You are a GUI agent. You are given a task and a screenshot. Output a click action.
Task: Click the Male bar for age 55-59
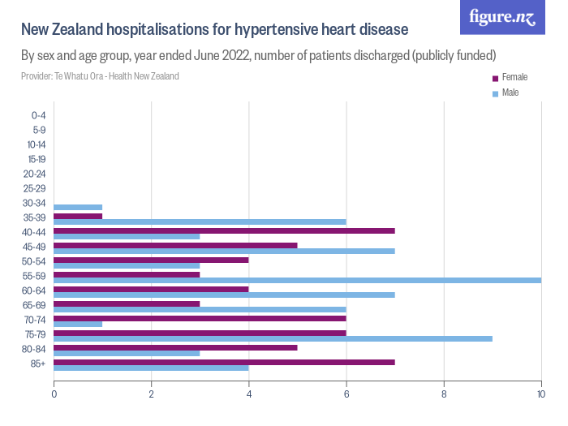pos(297,280)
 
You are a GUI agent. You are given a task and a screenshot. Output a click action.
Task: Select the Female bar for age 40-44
pos(224,230)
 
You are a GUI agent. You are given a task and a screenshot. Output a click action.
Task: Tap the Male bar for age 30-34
pos(78,207)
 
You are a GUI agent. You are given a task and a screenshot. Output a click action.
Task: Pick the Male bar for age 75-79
pos(273,338)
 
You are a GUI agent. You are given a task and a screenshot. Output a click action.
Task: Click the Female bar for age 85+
pos(224,361)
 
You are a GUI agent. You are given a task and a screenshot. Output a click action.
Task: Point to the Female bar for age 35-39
pos(78,216)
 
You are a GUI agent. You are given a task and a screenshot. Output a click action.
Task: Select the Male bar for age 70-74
pos(78,324)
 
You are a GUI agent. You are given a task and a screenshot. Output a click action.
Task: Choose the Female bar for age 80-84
pos(175,347)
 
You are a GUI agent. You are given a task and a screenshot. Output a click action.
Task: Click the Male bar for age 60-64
pos(224,295)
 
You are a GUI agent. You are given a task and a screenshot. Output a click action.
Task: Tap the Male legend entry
pos(510,93)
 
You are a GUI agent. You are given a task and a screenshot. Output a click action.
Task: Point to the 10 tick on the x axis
pos(540,395)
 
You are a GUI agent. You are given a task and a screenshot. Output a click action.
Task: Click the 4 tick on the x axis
pos(248,395)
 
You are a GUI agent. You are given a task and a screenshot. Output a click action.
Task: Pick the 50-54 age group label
pos(34,261)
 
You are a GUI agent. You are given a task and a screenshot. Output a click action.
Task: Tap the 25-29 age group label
pos(34,188)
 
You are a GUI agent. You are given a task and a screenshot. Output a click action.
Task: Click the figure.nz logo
pos(502,17)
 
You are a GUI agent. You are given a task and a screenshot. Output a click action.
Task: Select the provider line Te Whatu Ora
pos(100,76)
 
